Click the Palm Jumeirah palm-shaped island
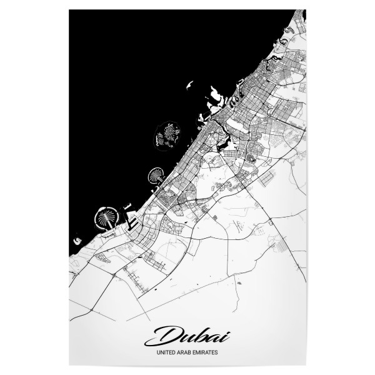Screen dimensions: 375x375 156,175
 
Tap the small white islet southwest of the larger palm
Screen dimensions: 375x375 76,239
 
